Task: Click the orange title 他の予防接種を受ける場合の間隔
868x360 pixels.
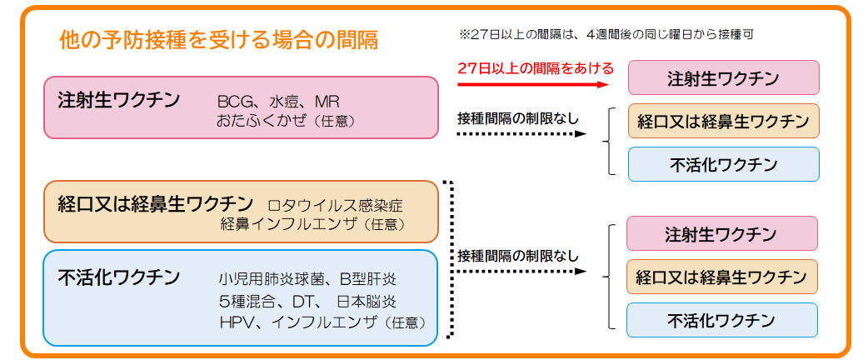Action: click(x=219, y=39)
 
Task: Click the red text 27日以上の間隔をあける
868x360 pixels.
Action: click(x=536, y=68)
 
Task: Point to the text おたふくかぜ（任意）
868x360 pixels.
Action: click(x=286, y=122)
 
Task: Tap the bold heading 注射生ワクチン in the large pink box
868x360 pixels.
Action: click(x=119, y=101)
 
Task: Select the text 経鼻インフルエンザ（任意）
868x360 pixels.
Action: click(x=312, y=224)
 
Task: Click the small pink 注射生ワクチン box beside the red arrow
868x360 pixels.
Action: click(x=722, y=78)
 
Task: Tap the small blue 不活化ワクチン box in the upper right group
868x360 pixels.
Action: click(x=722, y=164)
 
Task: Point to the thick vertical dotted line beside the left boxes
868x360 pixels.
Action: click(x=450, y=258)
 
